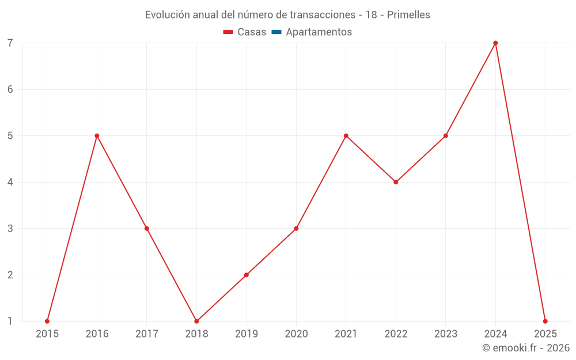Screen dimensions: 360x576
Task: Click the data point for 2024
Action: [x=495, y=43]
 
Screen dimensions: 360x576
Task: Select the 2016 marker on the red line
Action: [x=97, y=136]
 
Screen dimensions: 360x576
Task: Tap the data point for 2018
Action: [x=196, y=321]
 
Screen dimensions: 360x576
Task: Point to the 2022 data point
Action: [x=396, y=182]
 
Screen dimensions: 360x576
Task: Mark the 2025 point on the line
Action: [x=545, y=321]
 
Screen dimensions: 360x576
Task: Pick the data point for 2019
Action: [x=247, y=275]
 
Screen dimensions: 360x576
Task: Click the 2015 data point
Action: [x=47, y=321]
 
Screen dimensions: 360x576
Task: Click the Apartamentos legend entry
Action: [x=319, y=32]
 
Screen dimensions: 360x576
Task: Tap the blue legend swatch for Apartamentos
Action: [x=276, y=32]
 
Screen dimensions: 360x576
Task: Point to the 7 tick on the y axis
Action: [x=10, y=43]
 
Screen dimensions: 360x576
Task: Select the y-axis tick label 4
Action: [x=10, y=182]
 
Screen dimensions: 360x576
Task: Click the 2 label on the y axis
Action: [x=10, y=275]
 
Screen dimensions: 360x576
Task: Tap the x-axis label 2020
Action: [x=296, y=334]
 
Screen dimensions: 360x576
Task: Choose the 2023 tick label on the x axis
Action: [x=446, y=334]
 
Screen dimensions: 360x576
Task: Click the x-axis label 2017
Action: [x=147, y=334]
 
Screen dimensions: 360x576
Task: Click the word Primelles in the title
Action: [x=408, y=15]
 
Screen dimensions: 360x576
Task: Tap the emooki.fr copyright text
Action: [x=526, y=348]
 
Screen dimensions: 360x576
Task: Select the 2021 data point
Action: [x=346, y=136]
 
